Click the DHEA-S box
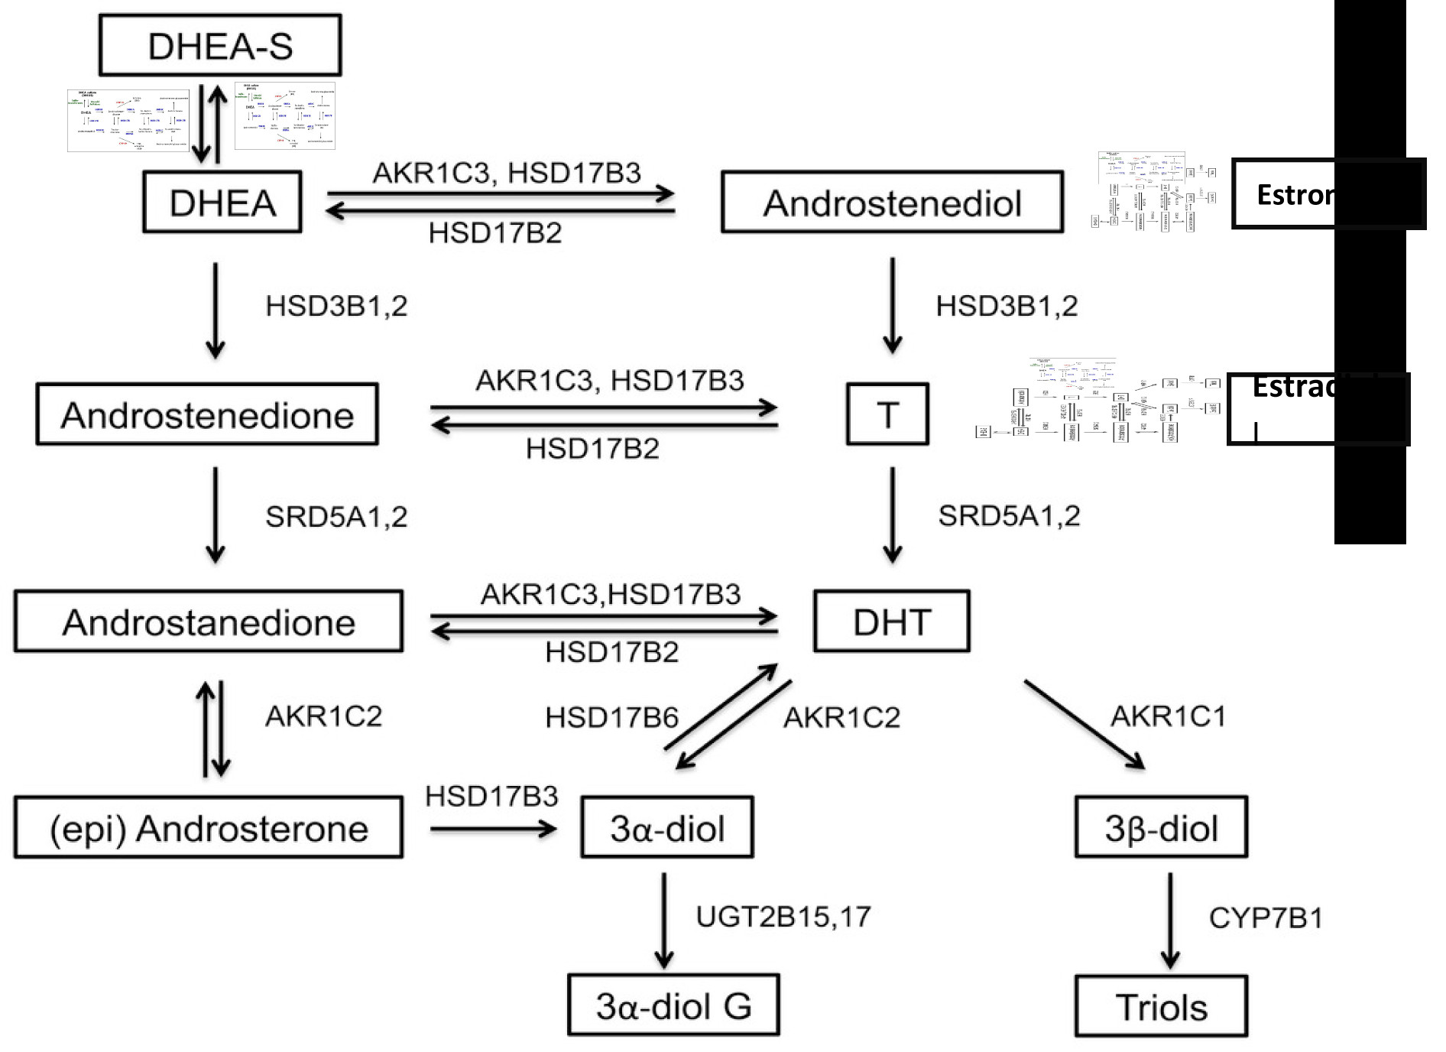(220, 45)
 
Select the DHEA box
(222, 202)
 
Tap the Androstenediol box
(892, 202)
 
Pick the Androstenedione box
(207, 414)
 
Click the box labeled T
(887, 414)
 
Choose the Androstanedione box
(208, 621)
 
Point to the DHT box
(892, 621)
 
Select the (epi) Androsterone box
(208, 827)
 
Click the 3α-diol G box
(673, 1005)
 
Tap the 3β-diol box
(1161, 827)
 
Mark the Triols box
(1161, 1006)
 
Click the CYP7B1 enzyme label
(1266, 917)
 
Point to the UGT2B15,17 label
(783, 916)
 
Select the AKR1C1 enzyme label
(1168, 716)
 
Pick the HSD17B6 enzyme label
(611, 717)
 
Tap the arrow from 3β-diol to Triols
(1170, 920)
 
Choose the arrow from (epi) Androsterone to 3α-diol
(493, 829)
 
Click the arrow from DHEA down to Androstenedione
(216, 310)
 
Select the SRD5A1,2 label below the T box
(1009, 516)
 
